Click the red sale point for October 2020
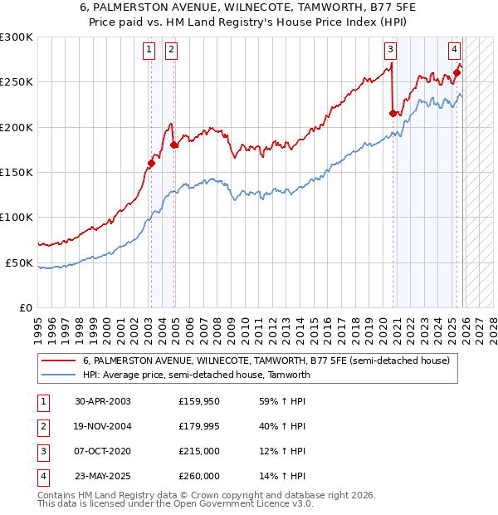(x=393, y=113)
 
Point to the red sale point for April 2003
(x=151, y=163)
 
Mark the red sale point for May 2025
(x=457, y=72)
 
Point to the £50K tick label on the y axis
(x=19, y=262)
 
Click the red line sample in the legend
(x=59, y=361)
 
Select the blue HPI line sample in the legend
(x=59, y=375)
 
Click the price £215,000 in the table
(x=198, y=452)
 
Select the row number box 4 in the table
(x=41, y=477)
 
